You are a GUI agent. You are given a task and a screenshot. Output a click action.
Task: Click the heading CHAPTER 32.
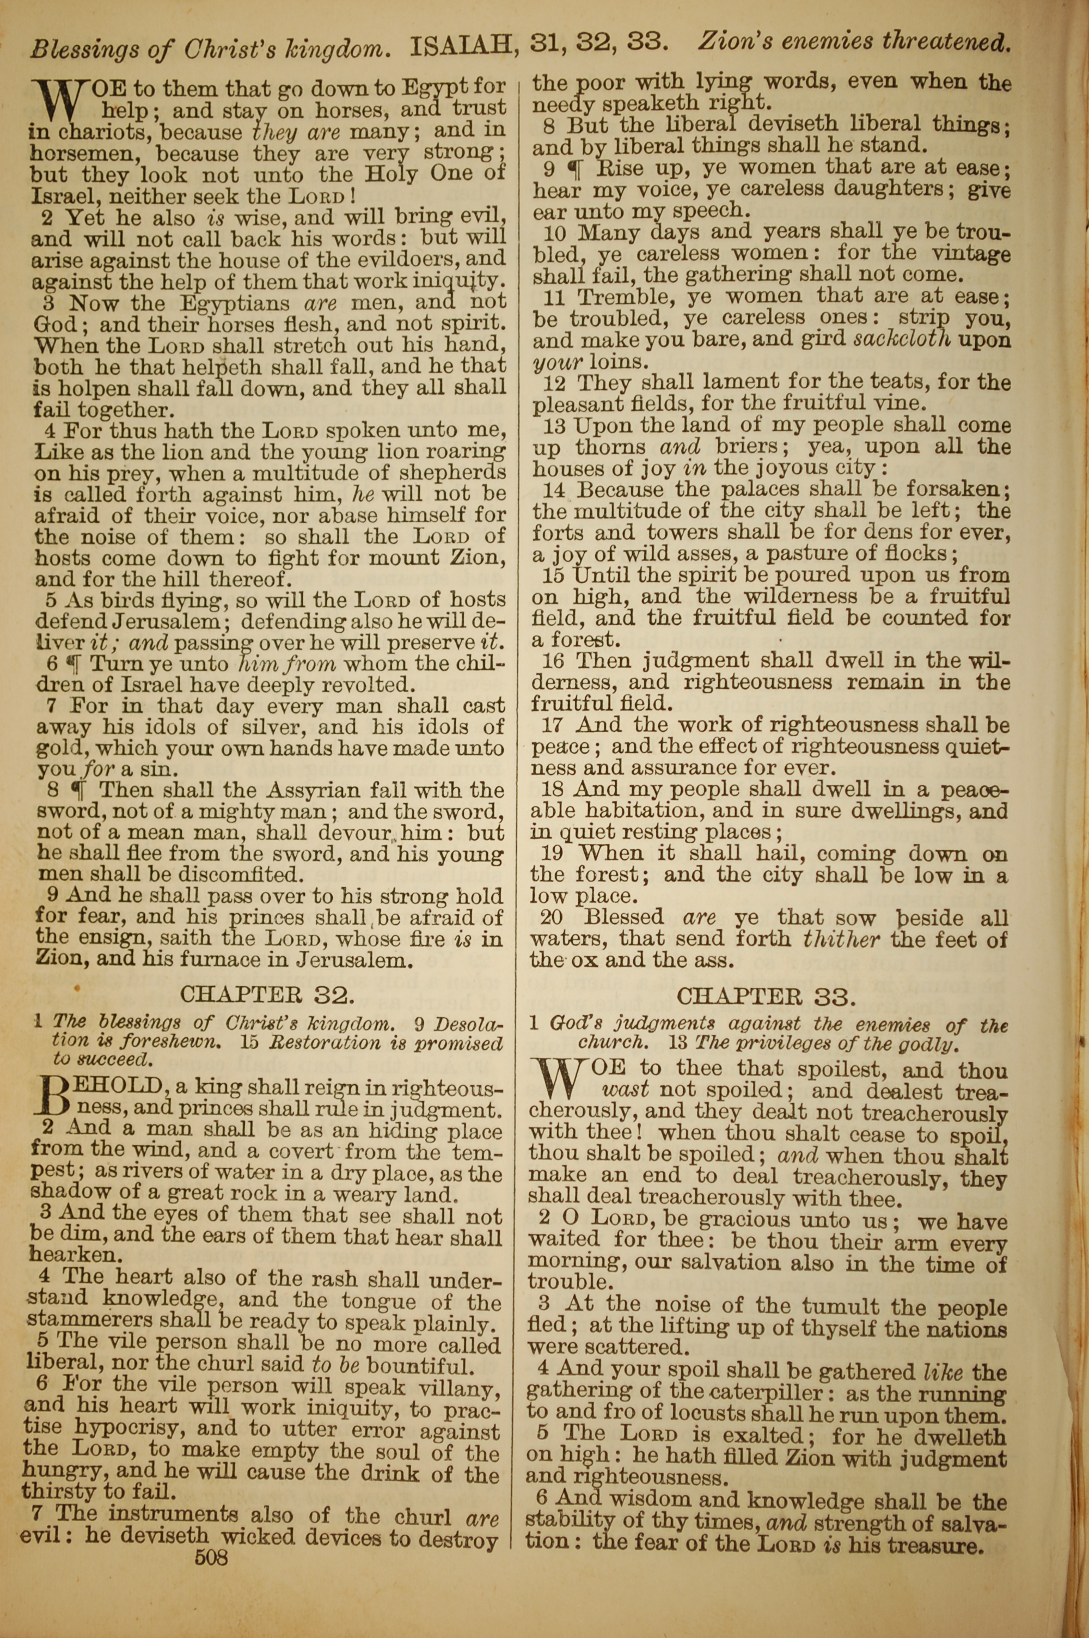point(267,995)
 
